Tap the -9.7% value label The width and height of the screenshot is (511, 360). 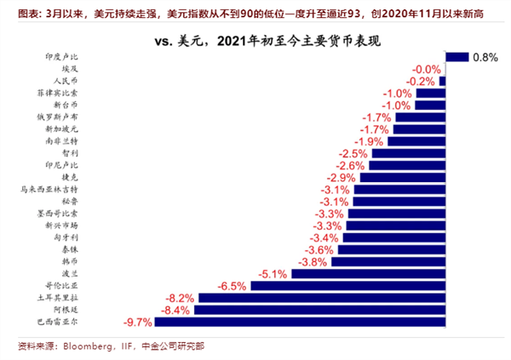point(138,323)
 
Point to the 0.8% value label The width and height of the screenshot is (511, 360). point(485,57)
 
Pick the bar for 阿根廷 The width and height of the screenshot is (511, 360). point(321,311)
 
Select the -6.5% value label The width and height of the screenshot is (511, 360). point(232,287)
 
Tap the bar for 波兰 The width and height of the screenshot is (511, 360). point(368,274)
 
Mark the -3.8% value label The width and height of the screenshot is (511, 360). point(314,262)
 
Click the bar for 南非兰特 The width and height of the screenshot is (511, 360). point(416,141)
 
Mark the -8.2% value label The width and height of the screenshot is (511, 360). point(181,299)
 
